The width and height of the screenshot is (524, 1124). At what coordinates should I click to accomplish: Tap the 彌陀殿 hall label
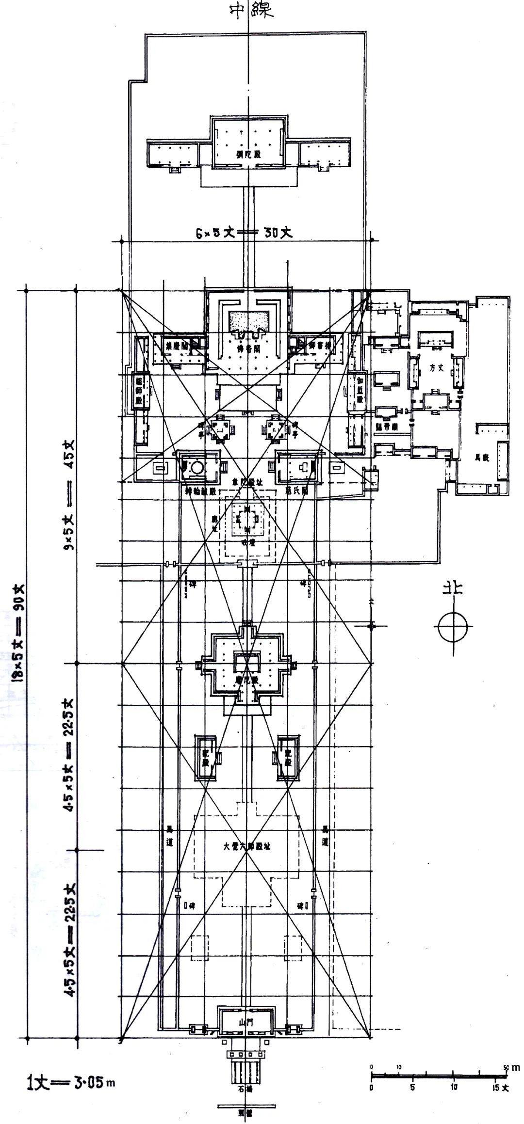pos(248,155)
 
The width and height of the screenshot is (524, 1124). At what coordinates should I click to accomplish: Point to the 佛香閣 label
pos(248,348)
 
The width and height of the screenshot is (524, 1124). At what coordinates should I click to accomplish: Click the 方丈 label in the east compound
pos(436,367)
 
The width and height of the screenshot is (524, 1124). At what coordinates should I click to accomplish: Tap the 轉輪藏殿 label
pos(201,490)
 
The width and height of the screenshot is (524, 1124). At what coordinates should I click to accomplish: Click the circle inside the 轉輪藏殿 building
pos(197,467)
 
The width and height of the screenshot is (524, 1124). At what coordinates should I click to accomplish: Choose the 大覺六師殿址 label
pos(247,846)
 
